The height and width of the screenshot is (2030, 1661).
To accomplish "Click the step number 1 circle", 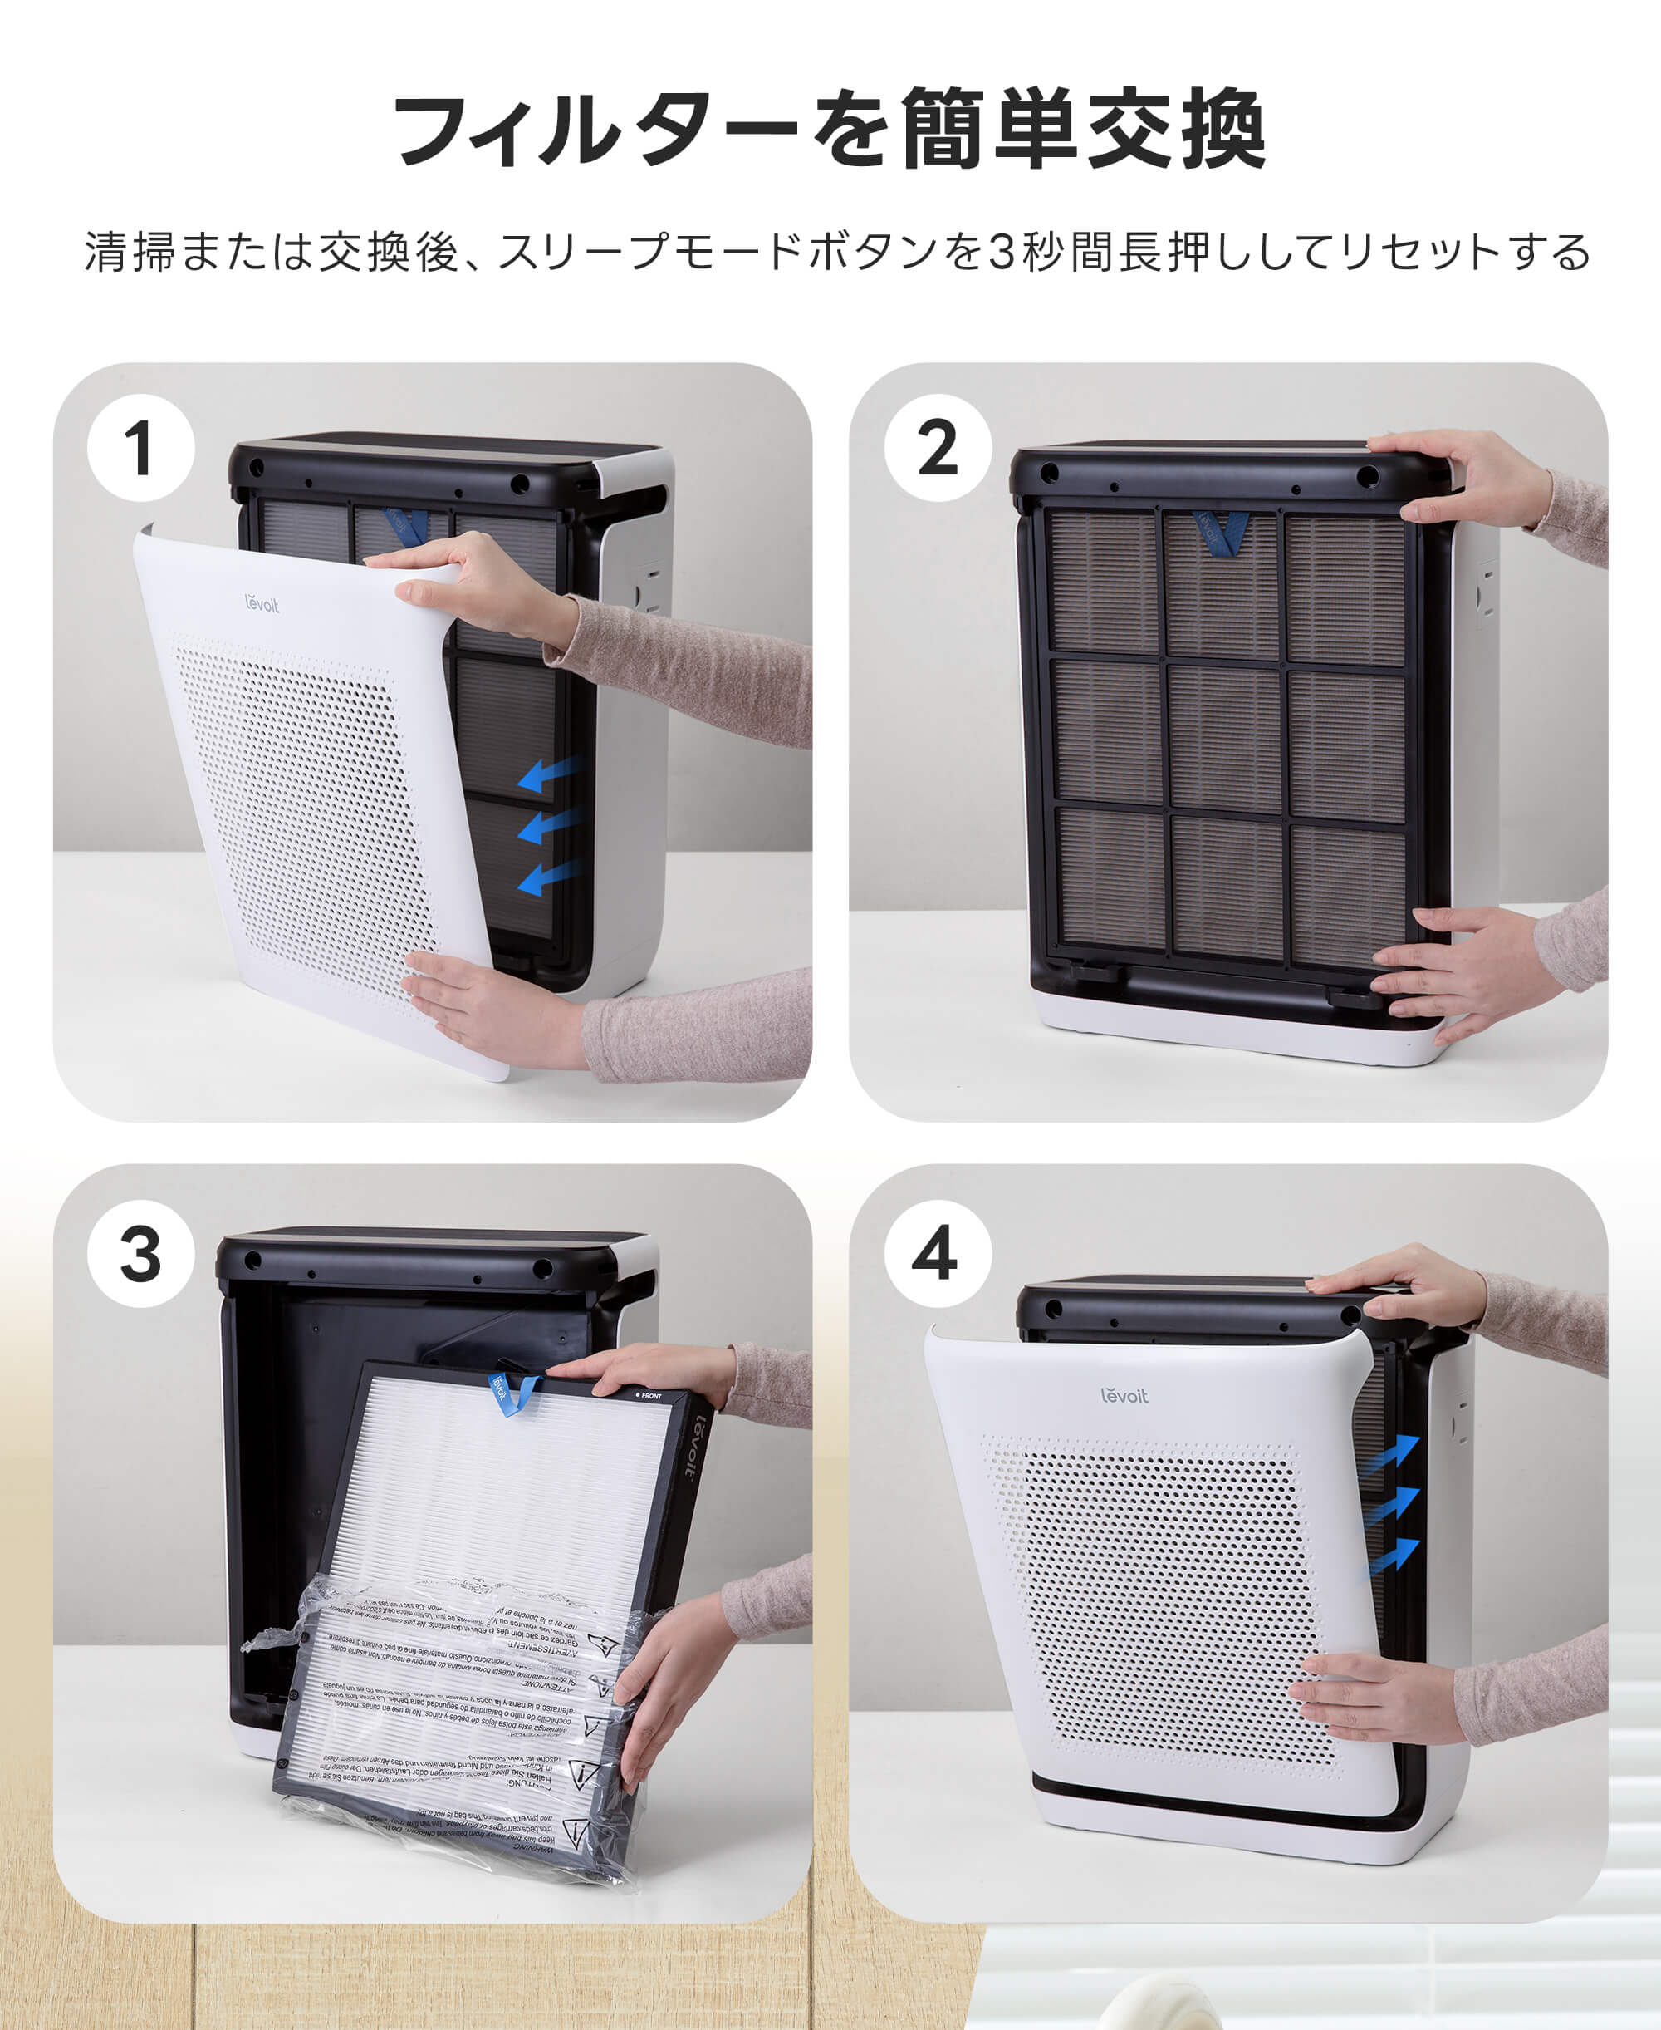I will [140, 448].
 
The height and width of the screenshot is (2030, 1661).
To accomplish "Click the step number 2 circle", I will [937, 448].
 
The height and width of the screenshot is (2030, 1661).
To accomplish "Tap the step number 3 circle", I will [140, 1253].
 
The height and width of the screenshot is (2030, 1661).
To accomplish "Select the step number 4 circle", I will [937, 1253].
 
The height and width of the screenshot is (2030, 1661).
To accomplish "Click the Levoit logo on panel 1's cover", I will [262, 603].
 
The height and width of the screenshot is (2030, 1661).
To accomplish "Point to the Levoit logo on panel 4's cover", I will [1124, 1395].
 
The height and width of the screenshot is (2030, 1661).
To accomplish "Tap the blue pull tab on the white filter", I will [511, 1393].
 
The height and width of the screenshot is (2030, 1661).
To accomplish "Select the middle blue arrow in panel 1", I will [548, 824].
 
